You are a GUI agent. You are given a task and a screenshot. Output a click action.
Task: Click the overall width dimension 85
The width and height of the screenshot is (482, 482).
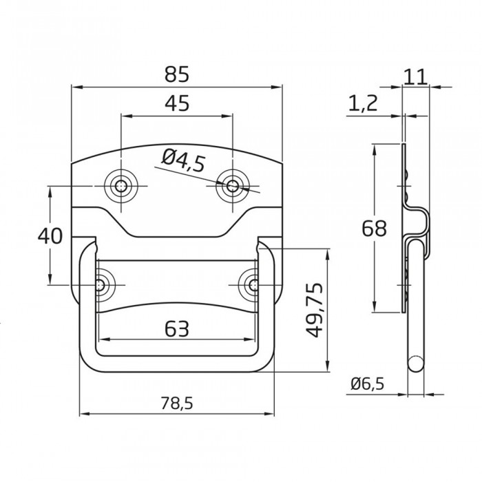177,73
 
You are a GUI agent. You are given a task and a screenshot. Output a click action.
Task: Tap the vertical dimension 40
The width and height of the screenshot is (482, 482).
50,235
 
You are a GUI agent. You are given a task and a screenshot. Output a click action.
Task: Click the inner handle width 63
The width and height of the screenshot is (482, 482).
177,330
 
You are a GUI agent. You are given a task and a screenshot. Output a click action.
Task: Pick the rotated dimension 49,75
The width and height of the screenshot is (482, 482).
314,309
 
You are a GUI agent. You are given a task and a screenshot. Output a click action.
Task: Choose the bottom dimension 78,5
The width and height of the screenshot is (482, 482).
177,404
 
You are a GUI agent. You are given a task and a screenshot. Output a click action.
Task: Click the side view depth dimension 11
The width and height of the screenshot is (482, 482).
416,76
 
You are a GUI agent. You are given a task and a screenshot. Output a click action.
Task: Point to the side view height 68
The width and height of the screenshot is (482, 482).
374,228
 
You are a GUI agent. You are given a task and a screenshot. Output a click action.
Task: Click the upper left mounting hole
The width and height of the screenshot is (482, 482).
121,185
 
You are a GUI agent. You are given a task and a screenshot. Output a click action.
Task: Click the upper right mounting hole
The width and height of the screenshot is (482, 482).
233,185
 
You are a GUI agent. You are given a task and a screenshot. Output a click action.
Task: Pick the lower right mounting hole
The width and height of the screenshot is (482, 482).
253,284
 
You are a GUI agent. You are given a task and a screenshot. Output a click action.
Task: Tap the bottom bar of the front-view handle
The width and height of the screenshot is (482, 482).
178,363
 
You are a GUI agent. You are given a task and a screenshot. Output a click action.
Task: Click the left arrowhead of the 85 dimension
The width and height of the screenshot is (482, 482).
76,87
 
